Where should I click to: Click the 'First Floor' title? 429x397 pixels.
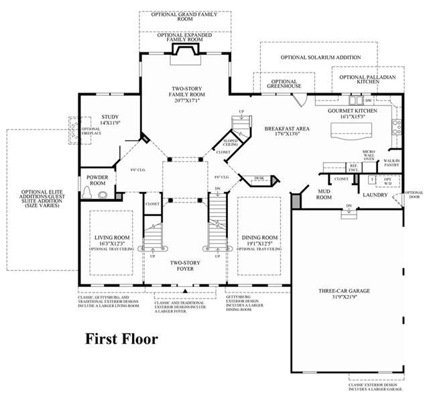pos(121,339)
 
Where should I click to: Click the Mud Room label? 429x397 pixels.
pos(325,194)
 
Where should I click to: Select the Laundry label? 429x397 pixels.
pos(375,195)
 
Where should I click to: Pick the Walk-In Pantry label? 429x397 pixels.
pos(391,163)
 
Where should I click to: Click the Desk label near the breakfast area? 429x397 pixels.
pos(259,178)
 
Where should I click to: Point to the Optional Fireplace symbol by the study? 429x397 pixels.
pos(72,130)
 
